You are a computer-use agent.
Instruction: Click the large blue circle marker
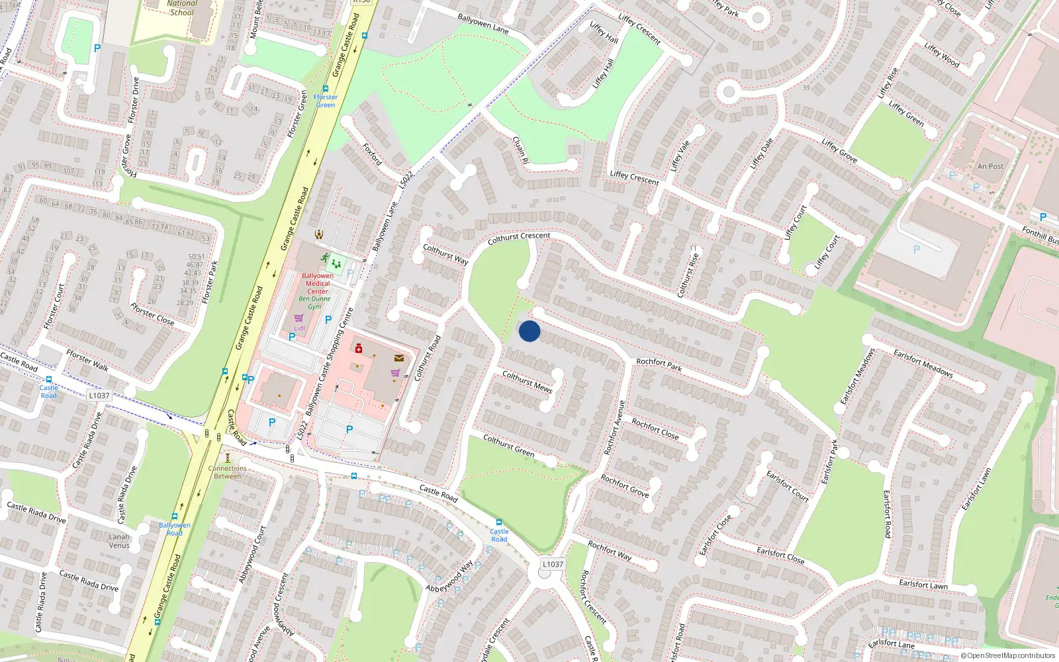point(529,331)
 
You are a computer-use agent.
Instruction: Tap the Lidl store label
point(299,328)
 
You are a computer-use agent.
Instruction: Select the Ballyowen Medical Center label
point(318,283)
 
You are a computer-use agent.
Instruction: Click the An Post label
point(990,166)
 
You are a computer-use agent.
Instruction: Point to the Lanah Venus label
point(119,541)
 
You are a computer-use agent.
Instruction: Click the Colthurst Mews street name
point(527,382)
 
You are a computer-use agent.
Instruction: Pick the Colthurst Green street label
point(508,446)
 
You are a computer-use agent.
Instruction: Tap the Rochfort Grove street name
point(625,486)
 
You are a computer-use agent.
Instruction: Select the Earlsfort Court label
point(788,486)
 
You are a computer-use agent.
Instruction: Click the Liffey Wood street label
point(942,55)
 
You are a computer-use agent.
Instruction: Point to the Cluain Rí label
point(521,150)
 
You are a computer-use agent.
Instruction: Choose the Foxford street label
point(373,154)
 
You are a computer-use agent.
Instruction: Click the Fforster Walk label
point(87,361)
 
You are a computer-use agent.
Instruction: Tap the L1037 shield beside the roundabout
point(553,565)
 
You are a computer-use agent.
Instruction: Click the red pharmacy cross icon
point(359,348)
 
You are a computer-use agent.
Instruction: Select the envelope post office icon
point(398,357)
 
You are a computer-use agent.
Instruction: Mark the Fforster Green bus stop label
point(326,101)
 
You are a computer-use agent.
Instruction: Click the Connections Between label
point(227,472)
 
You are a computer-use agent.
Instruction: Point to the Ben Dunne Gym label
point(314,303)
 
